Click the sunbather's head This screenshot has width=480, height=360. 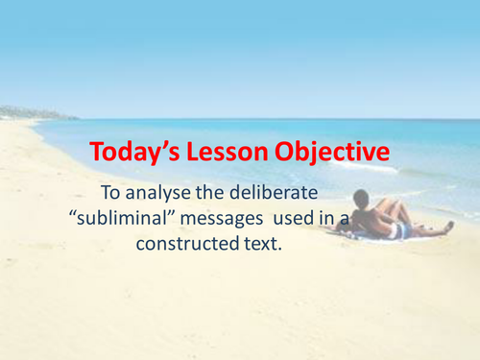[x=361, y=199]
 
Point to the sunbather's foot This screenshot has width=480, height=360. [x=449, y=228]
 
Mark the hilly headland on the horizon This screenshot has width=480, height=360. [x=24, y=112]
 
